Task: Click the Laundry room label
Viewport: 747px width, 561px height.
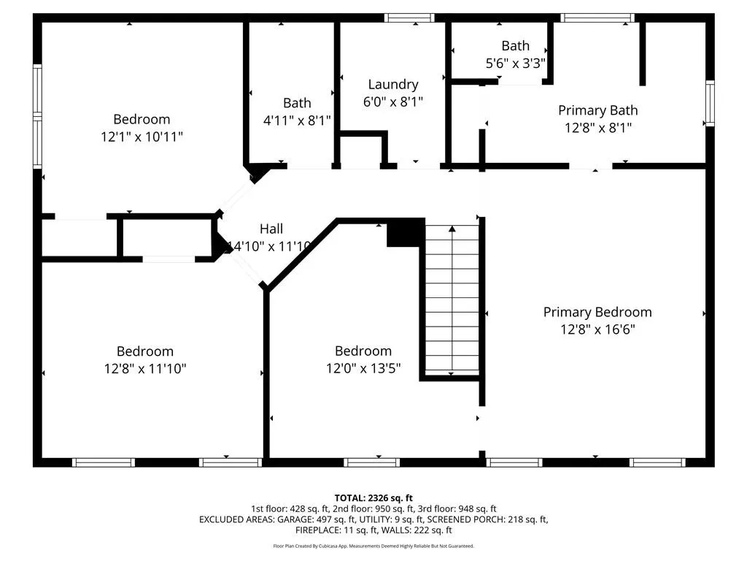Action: [393, 85]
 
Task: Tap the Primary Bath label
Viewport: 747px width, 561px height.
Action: [598, 110]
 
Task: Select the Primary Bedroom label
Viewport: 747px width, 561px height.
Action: [597, 312]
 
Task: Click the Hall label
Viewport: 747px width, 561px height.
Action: [271, 229]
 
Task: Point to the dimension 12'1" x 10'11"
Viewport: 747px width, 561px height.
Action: [142, 137]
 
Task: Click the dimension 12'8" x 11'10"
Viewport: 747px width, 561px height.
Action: [145, 369]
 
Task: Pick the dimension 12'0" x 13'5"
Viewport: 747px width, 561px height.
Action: [363, 368]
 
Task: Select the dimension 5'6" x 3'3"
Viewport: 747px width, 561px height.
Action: [516, 64]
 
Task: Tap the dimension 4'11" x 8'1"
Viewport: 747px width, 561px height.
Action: [297, 121]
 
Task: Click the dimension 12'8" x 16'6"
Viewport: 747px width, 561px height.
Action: [597, 329]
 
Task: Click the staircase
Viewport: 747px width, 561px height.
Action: [452, 299]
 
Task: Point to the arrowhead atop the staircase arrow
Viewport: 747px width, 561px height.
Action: [452, 229]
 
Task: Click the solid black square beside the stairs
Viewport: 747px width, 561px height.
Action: [406, 232]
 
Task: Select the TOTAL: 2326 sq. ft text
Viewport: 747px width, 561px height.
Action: [373, 498]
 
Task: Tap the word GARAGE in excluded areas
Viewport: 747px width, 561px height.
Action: [295, 519]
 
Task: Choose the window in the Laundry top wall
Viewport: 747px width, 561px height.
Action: [409, 18]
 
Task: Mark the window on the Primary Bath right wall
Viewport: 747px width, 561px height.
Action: [710, 104]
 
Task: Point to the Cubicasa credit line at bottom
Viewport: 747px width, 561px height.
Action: [373, 546]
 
